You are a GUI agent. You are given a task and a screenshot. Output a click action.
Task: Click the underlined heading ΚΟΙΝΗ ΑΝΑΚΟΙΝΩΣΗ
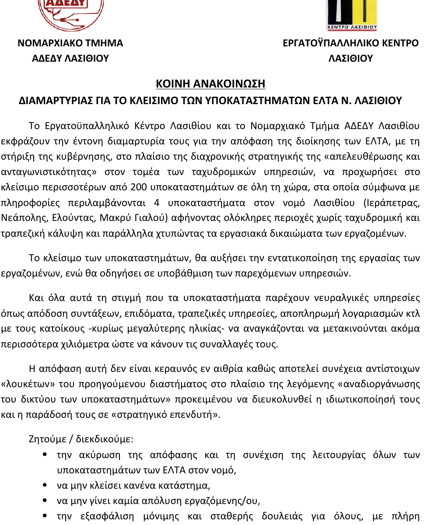[210, 84]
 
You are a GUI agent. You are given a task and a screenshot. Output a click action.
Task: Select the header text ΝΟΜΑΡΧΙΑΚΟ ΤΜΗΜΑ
[70, 43]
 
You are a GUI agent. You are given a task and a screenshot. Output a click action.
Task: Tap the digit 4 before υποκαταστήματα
[157, 203]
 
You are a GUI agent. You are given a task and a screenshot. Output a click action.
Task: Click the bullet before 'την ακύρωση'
[45, 455]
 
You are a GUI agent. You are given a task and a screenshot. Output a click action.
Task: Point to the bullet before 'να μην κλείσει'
[45, 485]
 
